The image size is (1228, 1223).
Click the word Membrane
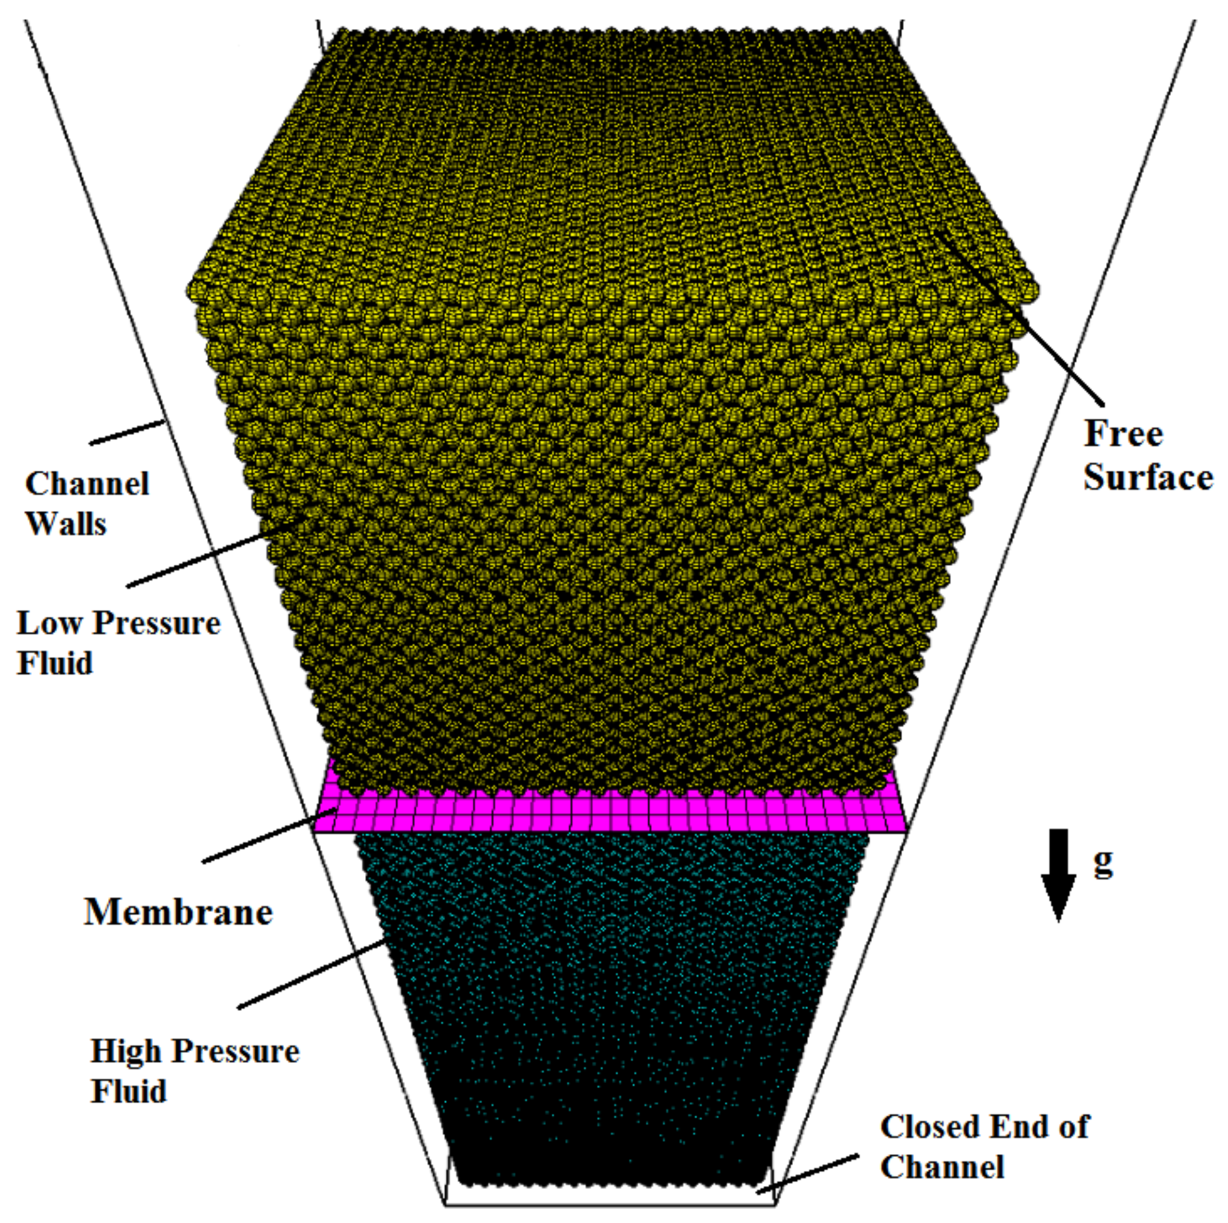click(179, 912)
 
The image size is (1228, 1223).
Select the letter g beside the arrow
click(1103, 863)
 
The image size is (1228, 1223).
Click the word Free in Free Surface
click(1123, 434)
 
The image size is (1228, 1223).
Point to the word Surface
click(1148, 477)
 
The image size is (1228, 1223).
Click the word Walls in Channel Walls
click(66, 524)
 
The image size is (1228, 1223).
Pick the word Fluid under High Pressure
click(128, 1091)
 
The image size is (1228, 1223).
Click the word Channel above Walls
click(87, 484)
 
